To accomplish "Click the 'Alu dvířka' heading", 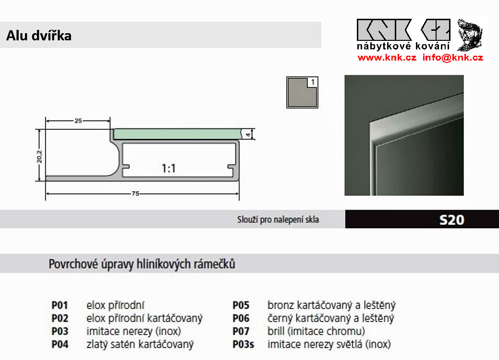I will (39, 36).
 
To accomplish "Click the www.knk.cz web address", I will (387, 58).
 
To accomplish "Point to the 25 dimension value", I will (78, 121).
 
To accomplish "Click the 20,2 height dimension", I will (40, 155).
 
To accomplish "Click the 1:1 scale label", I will (169, 168).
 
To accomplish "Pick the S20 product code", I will (451, 220).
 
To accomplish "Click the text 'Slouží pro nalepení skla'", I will (278, 220).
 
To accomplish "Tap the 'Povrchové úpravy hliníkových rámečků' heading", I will (142, 264).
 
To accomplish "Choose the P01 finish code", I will (60, 305).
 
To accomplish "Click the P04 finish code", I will (60, 344).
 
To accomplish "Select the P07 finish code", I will (241, 331).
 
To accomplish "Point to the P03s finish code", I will (243, 344).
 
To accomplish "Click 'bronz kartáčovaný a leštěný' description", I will (331, 305).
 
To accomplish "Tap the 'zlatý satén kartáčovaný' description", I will (140, 344).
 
